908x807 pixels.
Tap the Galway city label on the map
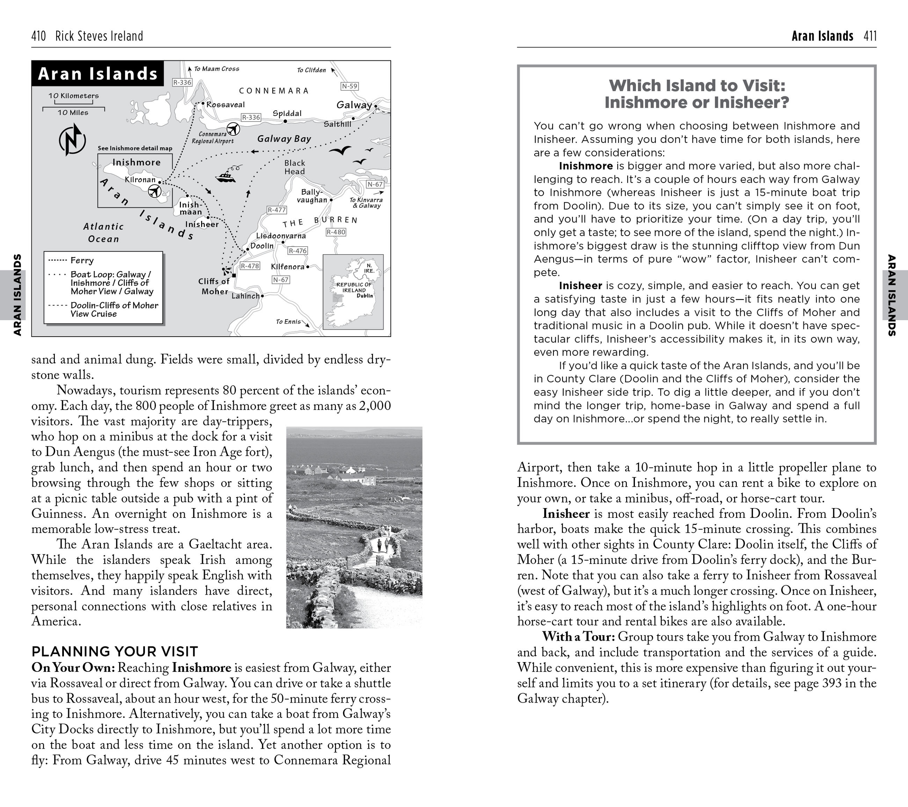[x=354, y=105]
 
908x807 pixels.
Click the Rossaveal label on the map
[x=225, y=104]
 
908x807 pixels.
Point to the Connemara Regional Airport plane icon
[x=233, y=129]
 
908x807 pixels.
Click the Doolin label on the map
[x=262, y=245]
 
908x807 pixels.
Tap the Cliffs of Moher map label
[x=214, y=286]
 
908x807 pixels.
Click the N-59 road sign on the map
[x=350, y=86]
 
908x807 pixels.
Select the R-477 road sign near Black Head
[x=277, y=210]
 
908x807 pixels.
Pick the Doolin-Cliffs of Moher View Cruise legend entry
[x=114, y=309]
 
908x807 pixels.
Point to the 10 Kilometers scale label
[x=73, y=95]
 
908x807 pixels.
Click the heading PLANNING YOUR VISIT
[x=115, y=652]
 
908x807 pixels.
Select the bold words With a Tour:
[x=578, y=637]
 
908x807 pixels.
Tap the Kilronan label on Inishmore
[x=140, y=179]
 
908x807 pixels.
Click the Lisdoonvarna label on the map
[x=281, y=235]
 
